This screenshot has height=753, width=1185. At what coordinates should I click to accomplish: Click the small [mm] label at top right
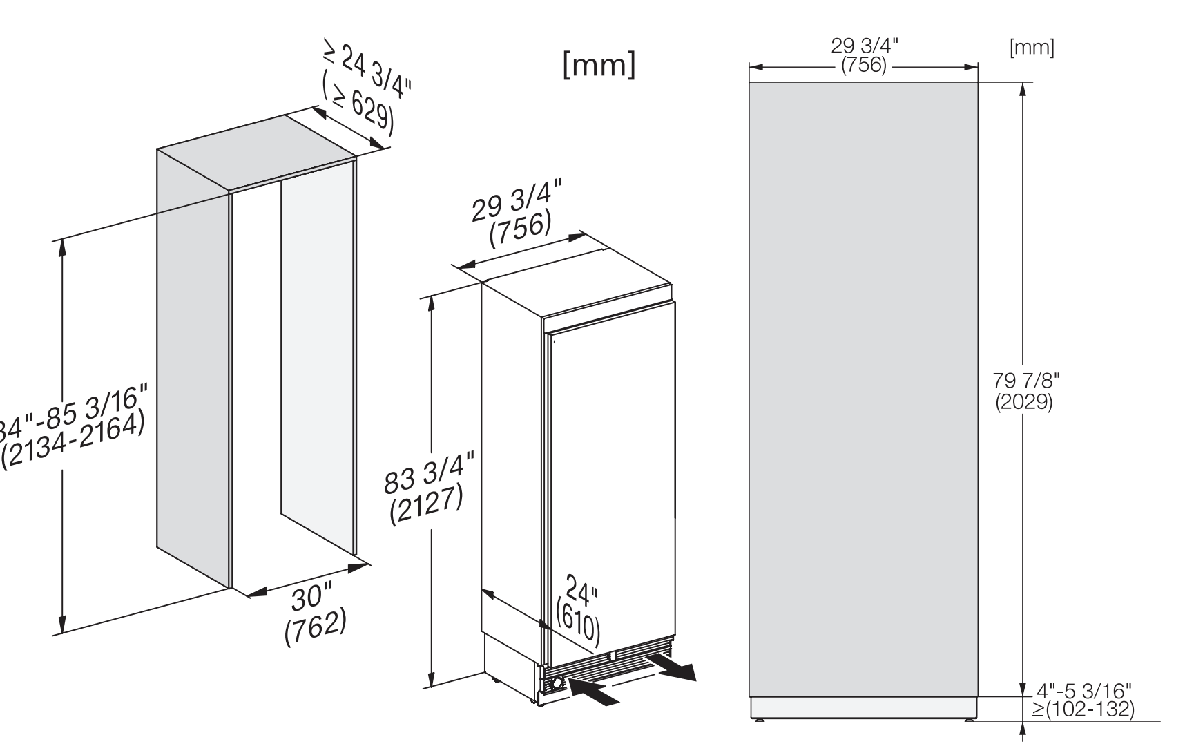(1032, 48)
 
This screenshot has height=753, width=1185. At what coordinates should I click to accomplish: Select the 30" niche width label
(311, 596)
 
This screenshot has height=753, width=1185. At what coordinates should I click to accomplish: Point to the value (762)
(315, 629)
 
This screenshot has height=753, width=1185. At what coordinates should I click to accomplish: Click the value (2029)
(1024, 402)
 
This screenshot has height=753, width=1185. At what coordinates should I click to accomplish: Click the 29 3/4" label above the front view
(864, 47)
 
